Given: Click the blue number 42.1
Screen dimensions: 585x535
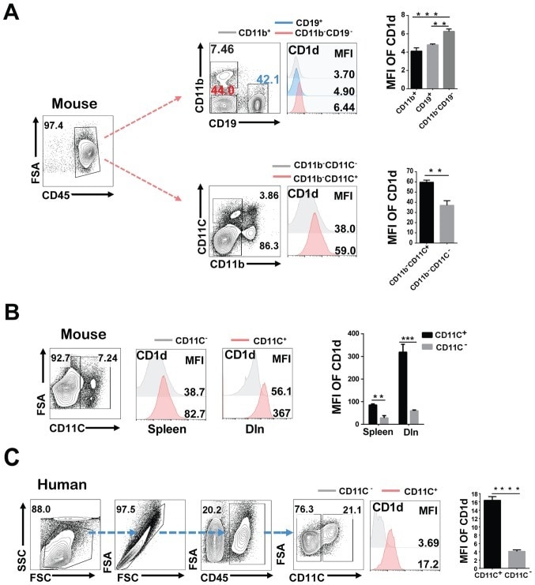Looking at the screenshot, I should [x=266, y=78].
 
